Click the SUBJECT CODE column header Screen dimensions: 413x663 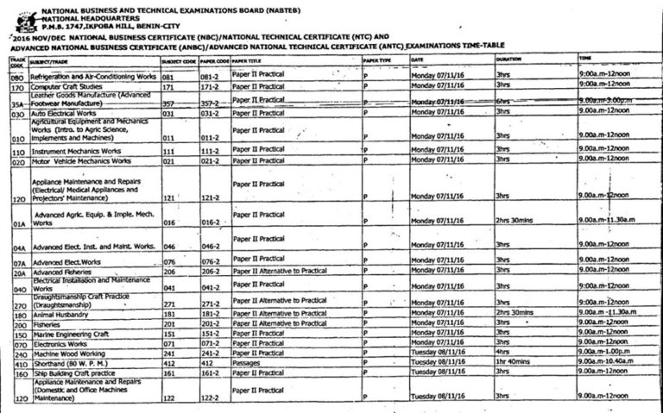pos(179,62)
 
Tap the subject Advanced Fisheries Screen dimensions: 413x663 pos(61,272)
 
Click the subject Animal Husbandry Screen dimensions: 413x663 pos(58,314)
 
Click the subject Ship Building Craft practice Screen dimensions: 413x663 pos(74,373)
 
